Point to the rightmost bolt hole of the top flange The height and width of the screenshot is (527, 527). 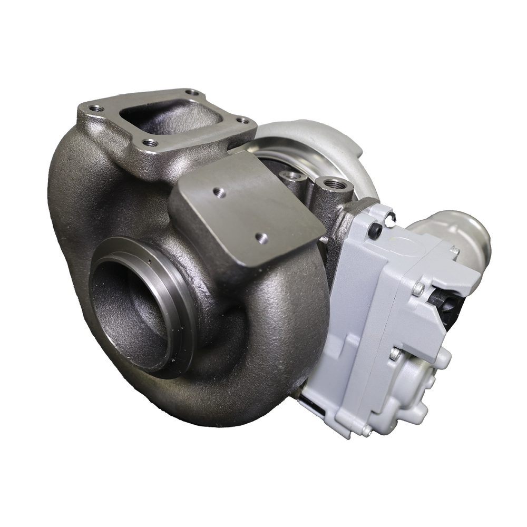[x=242, y=121]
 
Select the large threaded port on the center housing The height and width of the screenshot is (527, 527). [x=333, y=185]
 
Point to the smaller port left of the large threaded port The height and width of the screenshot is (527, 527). [x=288, y=174]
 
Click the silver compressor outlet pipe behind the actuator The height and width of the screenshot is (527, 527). [x=464, y=232]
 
